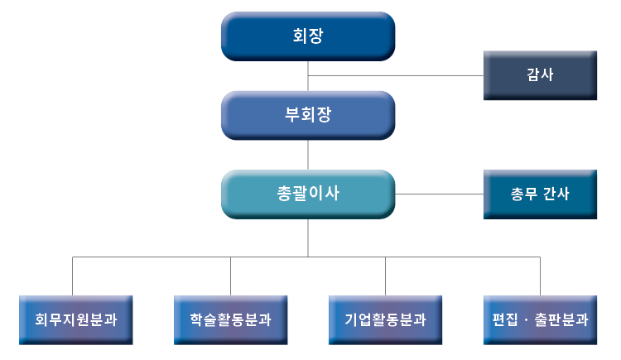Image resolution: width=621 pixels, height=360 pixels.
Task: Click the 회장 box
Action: pyautogui.click(x=308, y=36)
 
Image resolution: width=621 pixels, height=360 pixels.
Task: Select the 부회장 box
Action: pyautogui.click(x=308, y=115)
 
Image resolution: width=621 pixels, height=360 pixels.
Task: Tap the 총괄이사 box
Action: pyautogui.click(x=308, y=194)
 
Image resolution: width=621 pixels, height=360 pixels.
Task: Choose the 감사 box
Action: pyautogui.click(x=540, y=75)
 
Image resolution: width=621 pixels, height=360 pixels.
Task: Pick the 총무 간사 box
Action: pyautogui.click(x=540, y=194)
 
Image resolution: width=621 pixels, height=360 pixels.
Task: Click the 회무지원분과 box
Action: pyautogui.click(x=75, y=319)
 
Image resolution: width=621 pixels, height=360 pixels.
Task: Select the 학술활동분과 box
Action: pyautogui.click(x=230, y=319)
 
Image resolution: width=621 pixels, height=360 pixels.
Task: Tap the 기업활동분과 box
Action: pyautogui.click(x=385, y=319)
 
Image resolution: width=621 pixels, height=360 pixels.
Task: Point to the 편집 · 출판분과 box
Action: pyautogui.click(x=540, y=319)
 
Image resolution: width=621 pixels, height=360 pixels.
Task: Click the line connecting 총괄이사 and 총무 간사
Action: pyautogui.click(x=439, y=194)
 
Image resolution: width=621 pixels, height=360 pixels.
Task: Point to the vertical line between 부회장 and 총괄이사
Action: pyautogui.click(x=308, y=155)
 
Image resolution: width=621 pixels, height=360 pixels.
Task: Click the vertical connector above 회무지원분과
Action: pyautogui.click(x=73, y=276)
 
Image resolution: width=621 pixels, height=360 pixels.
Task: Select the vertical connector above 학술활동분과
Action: pyautogui.click(x=230, y=276)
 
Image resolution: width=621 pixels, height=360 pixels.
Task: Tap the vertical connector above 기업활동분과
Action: pyautogui.click(x=385, y=276)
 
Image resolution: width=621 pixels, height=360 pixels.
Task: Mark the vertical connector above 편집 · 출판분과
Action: pyautogui.click(x=540, y=276)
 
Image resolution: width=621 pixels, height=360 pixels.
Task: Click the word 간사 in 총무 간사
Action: pyautogui.click(x=556, y=194)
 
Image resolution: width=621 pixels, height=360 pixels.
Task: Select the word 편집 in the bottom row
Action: pyautogui.click(x=504, y=319)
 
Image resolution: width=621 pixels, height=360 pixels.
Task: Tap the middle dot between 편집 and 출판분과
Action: pyautogui.click(x=526, y=320)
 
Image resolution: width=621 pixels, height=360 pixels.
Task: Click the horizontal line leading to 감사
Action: pyautogui.click(x=396, y=75)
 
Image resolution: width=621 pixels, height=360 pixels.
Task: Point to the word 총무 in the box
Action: pyautogui.click(x=523, y=194)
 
